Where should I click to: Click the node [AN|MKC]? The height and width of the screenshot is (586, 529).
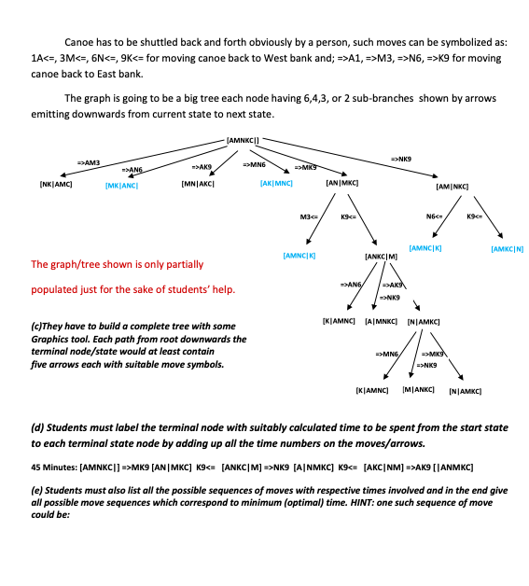(342, 184)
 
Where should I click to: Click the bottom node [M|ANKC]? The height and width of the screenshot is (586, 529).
(418, 388)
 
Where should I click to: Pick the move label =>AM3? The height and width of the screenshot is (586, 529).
(88, 162)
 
